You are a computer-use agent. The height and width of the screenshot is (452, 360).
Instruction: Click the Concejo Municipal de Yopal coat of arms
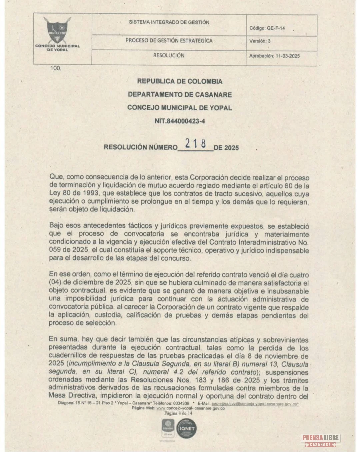pyautogui.click(x=57, y=30)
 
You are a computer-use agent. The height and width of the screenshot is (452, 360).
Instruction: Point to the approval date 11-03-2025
pyautogui.click(x=288, y=56)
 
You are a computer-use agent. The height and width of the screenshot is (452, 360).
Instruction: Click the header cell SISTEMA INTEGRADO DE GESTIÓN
pyautogui.click(x=169, y=22)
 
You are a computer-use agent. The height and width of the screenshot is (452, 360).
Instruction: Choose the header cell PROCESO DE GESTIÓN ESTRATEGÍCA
pyautogui.click(x=169, y=41)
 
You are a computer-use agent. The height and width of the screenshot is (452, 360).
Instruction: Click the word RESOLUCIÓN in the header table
pyautogui.click(x=169, y=55)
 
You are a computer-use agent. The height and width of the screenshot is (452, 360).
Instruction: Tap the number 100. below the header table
pyautogui.click(x=56, y=68)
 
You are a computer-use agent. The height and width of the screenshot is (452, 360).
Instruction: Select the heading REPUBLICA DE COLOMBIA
pyautogui.click(x=180, y=81)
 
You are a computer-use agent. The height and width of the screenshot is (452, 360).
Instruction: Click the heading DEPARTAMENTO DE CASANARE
pyautogui.click(x=180, y=95)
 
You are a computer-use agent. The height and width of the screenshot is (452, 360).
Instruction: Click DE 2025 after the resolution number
pyautogui.click(x=226, y=148)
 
